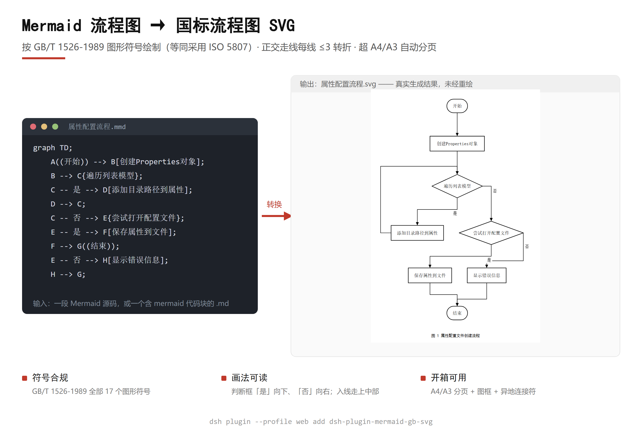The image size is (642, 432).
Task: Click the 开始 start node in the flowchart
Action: [457, 106]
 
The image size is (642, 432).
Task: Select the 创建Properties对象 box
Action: [457, 144]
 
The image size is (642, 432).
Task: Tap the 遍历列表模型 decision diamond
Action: [457, 186]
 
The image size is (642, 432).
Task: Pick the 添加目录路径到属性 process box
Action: [417, 233]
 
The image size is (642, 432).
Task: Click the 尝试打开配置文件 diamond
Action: [491, 233]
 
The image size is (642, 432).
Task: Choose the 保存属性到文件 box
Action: [430, 275]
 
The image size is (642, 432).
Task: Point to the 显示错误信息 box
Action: [486, 275]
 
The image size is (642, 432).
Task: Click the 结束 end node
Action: [457, 313]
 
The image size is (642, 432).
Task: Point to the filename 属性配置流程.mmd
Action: [97, 127]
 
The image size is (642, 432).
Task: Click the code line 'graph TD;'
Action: [52, 148]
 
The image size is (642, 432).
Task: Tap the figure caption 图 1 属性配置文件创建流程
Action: [455, 336]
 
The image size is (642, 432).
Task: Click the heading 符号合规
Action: [50, 378]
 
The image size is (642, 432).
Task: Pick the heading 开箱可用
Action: [449, 378]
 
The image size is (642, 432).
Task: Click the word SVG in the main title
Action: [282, 26]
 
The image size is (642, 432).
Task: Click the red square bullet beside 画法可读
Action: [224, 378]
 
